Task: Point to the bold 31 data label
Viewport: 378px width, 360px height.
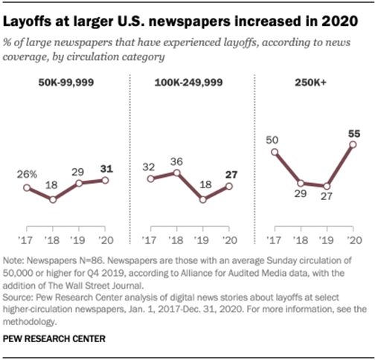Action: pos(106,167)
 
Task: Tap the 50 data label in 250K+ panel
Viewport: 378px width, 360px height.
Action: pos(274,138)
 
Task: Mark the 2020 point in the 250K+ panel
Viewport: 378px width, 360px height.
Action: pos(353,144)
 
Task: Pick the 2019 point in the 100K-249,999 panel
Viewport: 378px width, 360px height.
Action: pos(203,199)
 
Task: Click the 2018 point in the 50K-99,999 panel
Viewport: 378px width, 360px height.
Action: pos(53,199)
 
